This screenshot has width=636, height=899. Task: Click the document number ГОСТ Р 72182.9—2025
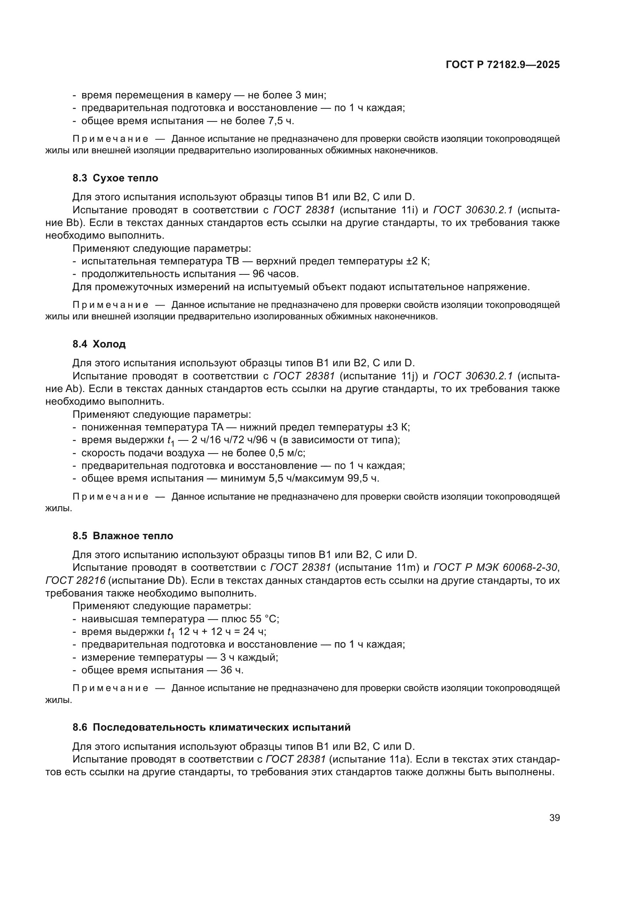pos(503,65)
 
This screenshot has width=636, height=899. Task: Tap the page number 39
pos(554,818)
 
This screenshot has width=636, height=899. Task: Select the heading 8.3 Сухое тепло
pos(115,178)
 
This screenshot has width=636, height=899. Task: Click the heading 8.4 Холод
pos(99,344)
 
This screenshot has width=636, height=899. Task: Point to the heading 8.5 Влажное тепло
pos(123,536)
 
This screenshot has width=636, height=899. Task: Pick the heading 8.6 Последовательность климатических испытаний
pos(211,727)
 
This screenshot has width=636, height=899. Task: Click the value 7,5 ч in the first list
pos(280,121)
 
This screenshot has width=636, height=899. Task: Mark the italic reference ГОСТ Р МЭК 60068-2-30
pos(495,567)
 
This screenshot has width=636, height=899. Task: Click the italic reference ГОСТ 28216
pos(75,580)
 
